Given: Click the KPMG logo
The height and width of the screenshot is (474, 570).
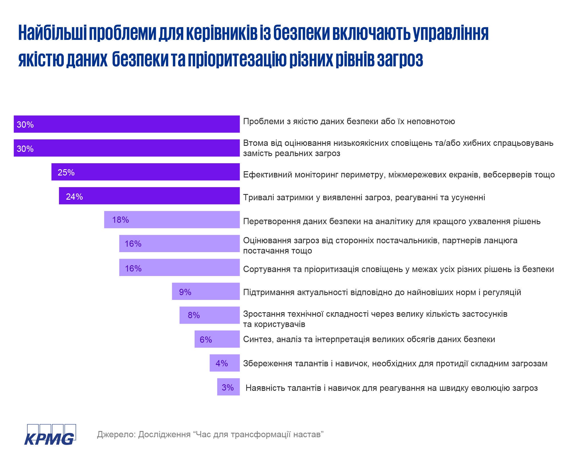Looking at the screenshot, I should (x=50, y=435).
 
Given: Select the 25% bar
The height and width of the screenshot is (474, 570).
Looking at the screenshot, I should (x=145, y=172).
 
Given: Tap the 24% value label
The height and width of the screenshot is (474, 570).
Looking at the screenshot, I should (x=74, y=197).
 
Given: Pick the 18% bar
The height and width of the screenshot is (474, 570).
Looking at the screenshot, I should (x=172, y=220).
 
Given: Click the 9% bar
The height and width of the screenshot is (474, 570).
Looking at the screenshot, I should (x=205, y=291).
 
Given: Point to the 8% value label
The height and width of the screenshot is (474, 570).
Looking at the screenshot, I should (x=194, y=315).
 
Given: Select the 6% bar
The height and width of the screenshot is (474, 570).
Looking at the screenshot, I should (x=217, y=339).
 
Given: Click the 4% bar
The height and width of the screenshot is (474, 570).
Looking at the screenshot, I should (x=225, y=363).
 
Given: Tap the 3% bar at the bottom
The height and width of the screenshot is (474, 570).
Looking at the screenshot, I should (x=228, y=387).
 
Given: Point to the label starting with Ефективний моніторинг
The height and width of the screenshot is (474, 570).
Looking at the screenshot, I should (x=399, y=175).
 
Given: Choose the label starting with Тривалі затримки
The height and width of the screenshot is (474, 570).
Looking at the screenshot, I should (x=364, y=197).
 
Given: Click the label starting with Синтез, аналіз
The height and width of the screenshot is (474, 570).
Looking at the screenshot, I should (x=369, y=339).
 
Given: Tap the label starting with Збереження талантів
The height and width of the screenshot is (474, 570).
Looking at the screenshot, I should (x=395, y=363).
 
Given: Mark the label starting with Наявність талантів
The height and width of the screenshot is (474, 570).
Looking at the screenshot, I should (x=391, y=388).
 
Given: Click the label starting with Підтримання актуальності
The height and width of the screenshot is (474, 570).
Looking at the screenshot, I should (x=382, y=292).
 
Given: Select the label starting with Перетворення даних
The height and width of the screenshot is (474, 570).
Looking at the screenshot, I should (x=392, y=221).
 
